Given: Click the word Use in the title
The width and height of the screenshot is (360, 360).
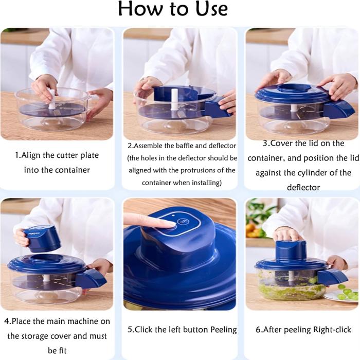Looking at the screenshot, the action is point(211,9).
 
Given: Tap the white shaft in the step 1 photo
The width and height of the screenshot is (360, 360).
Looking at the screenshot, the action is point(52,99).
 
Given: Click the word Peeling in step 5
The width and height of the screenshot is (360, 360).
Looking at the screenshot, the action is point(223,330).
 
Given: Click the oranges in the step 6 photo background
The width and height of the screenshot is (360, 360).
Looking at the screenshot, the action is point(251,229).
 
